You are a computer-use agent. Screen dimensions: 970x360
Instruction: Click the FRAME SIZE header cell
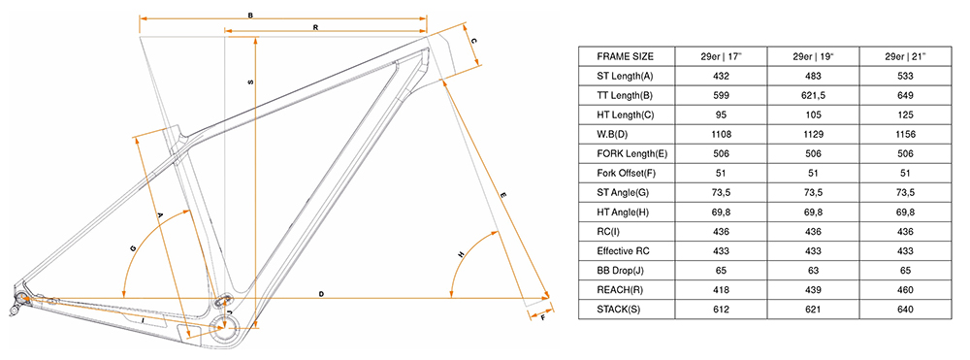pos(625,57)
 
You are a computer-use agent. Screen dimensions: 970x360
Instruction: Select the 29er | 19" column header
pos(814,57)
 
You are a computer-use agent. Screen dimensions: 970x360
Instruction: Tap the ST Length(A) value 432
pos(722,77)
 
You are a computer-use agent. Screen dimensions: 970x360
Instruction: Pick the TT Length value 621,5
pos(814,96)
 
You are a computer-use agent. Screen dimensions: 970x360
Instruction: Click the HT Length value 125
pos(906,115)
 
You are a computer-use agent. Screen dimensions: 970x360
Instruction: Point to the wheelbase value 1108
pos(722,134)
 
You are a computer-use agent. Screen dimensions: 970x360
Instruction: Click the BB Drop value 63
pos(814,271)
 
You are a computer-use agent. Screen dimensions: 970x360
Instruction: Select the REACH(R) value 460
pos(906,289)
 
